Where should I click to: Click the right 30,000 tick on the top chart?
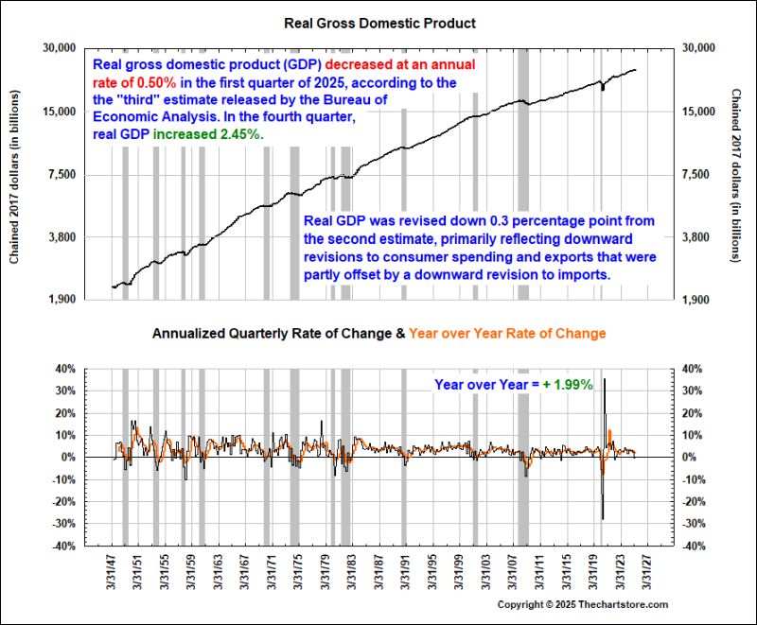point(700,47)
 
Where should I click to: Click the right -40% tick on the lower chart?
point(695,546)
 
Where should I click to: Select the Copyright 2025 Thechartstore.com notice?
point(583,604)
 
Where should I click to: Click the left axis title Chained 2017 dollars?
point(15,174)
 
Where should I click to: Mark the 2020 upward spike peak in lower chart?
point(605,380)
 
